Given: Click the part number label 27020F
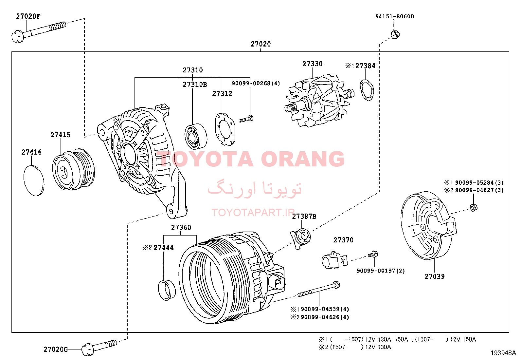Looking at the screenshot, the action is click(x=28, y=16).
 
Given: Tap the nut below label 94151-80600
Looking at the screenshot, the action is click(x=395, y=35).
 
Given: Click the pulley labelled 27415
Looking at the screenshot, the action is click(x=74, y=169).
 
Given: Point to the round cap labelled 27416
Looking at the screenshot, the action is click(x=34, y=181).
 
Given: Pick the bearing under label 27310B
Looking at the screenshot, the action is click(x=196, y=137).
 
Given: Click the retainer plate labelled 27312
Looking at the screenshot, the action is click(x=225, y=129).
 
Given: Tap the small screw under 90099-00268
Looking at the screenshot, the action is click(x=246, y=119).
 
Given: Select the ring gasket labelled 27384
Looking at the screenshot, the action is click(x=367, y=90).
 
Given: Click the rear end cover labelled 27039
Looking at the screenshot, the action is click(x=428, y=225).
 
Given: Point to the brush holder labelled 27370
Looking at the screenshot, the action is click(x=335, y=260).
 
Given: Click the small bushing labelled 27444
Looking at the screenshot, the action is click(x=167, y=290).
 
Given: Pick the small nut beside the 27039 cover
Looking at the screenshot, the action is click(x=474, y=207).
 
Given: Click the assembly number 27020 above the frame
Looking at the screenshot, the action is click(x=260, y=44).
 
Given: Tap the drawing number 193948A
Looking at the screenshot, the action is click(x=503, y=353).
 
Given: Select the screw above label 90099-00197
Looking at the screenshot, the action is click(x=373, y=254).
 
